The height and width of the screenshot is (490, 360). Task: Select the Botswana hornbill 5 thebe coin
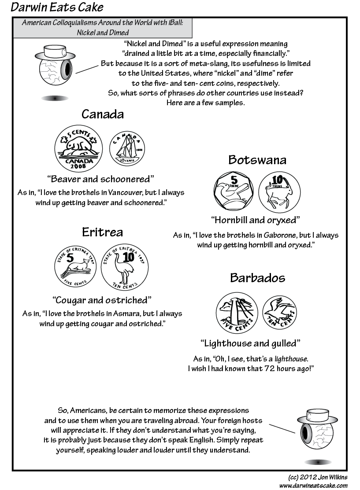tap(234, 191)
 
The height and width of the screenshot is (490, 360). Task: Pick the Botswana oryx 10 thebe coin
tap(279, 191)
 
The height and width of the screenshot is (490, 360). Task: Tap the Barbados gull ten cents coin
tap(280, 312)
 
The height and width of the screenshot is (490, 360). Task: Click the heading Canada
tap(103, 114)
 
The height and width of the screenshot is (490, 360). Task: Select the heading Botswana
tap(257, 159)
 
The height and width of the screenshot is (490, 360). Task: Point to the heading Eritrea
tap(102, 232)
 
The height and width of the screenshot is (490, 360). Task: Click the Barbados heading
tap(257, 278)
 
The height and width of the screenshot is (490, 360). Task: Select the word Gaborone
tap(275, 235)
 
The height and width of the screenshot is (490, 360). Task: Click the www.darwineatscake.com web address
tap(313, 485)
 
